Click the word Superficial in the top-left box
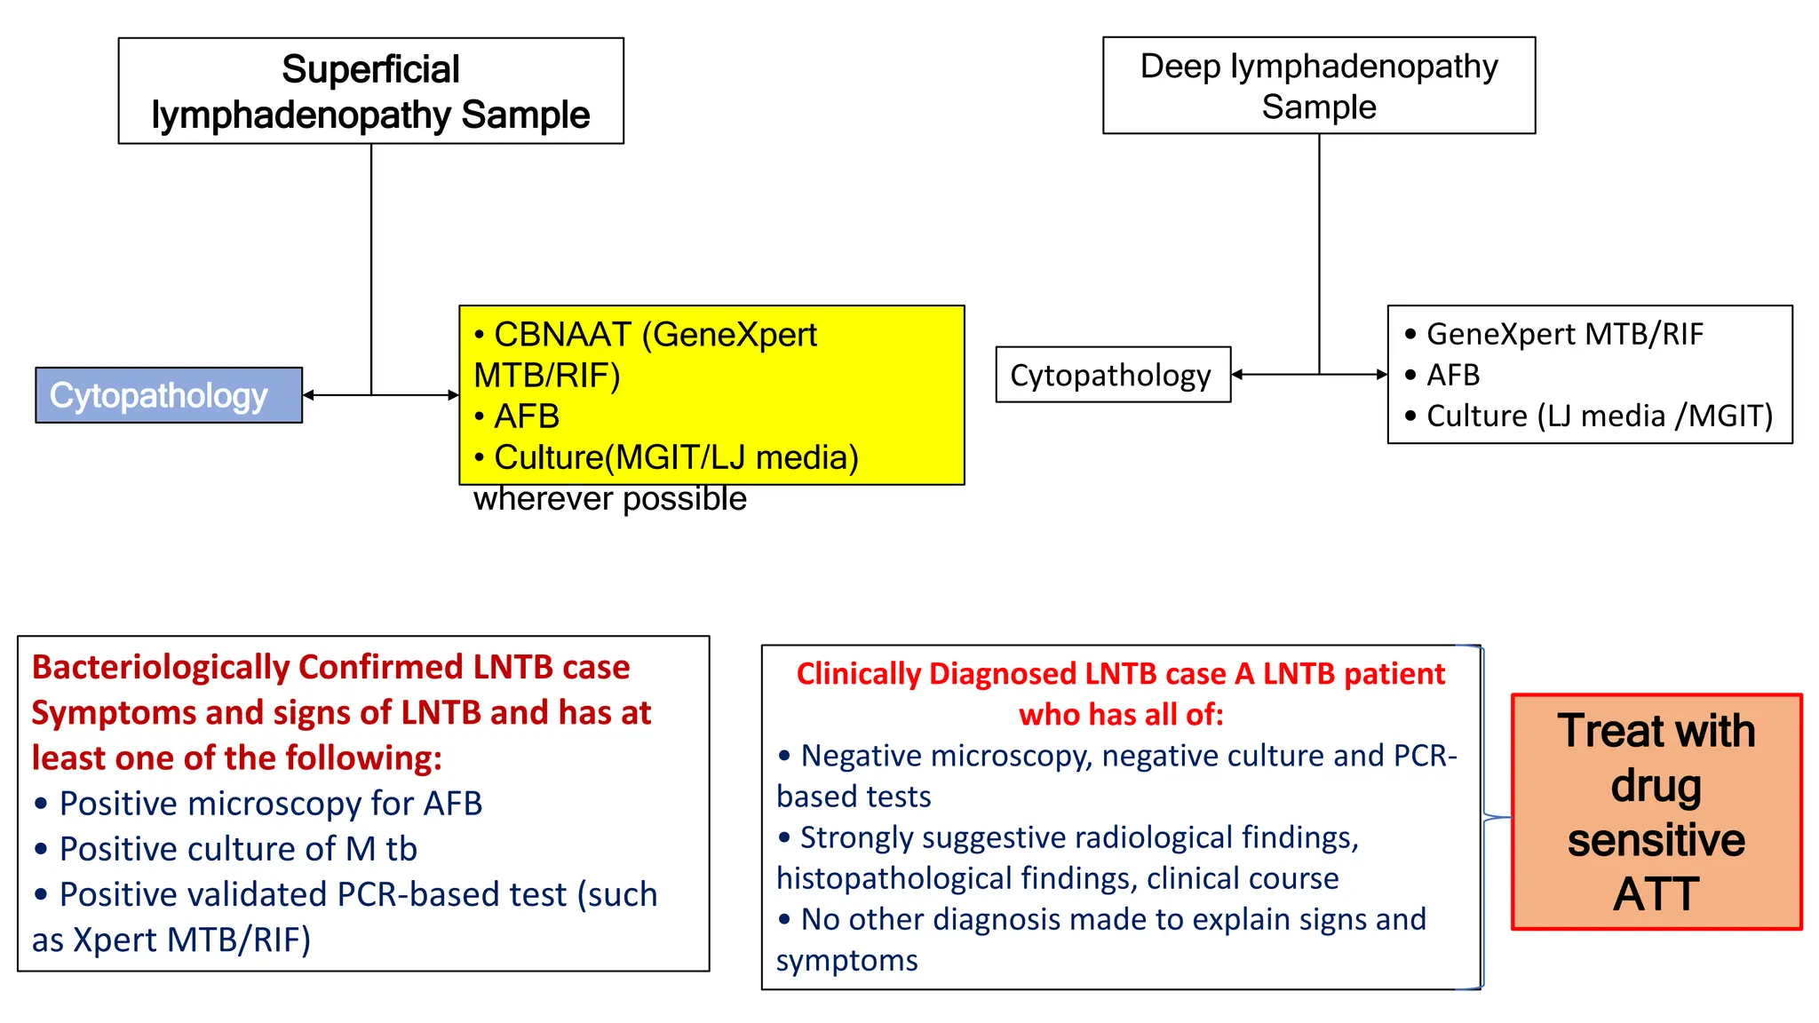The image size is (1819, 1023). pos(370,69)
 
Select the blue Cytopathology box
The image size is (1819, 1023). pos(168,395)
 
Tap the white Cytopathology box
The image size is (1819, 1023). pos(1111,375)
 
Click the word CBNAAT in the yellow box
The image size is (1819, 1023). pos(562,335)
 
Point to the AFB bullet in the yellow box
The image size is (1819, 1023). pos(526,416)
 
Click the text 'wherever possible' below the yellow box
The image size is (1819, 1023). pos(609,499)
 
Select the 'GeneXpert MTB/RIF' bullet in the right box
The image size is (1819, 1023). pos(1564,334)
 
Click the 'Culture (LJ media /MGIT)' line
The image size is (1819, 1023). pos(1599,416)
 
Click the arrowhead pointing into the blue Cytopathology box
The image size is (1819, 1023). pos(309,395)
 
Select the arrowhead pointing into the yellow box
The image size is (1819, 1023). pos(453,395)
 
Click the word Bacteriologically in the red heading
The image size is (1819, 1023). pos(160,667)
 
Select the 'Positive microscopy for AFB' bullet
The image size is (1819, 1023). pos(270,804)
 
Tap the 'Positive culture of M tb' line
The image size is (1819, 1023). pos(238,849)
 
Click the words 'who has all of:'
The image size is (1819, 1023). pos(1121,715)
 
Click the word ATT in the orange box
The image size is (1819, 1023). pos(1656,894)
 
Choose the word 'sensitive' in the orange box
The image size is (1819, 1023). pos(1656,840)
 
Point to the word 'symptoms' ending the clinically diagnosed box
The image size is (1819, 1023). pos(846,961)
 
